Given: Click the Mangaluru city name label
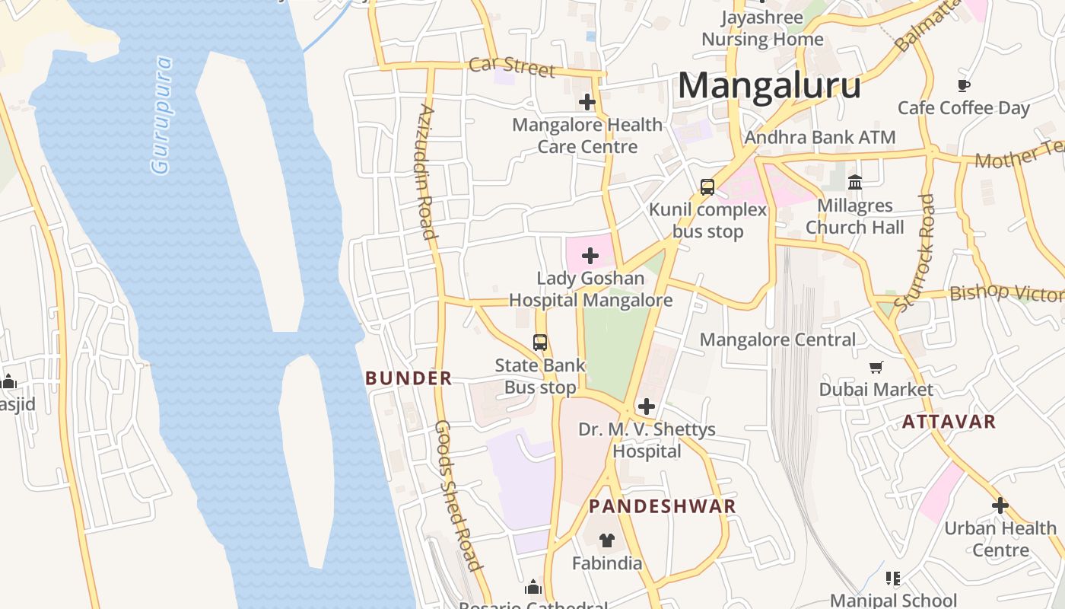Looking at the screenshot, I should [x=769, y=85].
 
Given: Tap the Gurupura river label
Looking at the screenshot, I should [x=162, y=115].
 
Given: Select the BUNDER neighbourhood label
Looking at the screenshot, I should [x=409, y=378].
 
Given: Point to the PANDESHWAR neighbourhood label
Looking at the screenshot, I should [x=662, y=506].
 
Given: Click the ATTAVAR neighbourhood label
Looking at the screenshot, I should [x=949, y=422].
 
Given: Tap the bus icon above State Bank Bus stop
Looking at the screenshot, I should [x=540, y=343].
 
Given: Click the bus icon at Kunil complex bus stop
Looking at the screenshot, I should [x=707, y=187].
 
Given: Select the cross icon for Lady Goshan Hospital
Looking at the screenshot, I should [x=590, y=256].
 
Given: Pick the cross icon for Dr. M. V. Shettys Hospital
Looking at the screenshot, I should [x=647, y=407].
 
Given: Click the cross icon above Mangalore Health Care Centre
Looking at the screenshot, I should [x=587, y=101].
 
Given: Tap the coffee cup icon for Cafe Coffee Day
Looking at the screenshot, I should [x=964, y=85].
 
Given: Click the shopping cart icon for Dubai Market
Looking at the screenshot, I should [x=876, y=367].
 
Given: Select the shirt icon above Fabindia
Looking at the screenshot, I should [x=606, y=540].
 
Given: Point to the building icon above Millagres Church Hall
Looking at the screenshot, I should [x=855, y=183].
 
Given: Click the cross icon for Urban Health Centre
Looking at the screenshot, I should [x=1000, y=505].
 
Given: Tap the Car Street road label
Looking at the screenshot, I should [x=512, y=66].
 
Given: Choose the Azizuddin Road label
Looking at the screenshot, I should [x=427, y=171].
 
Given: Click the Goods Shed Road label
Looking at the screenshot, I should [x=458, y=495].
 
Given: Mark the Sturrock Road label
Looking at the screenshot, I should [x=916, y=252].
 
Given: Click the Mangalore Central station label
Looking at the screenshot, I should [x=777, y=340].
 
